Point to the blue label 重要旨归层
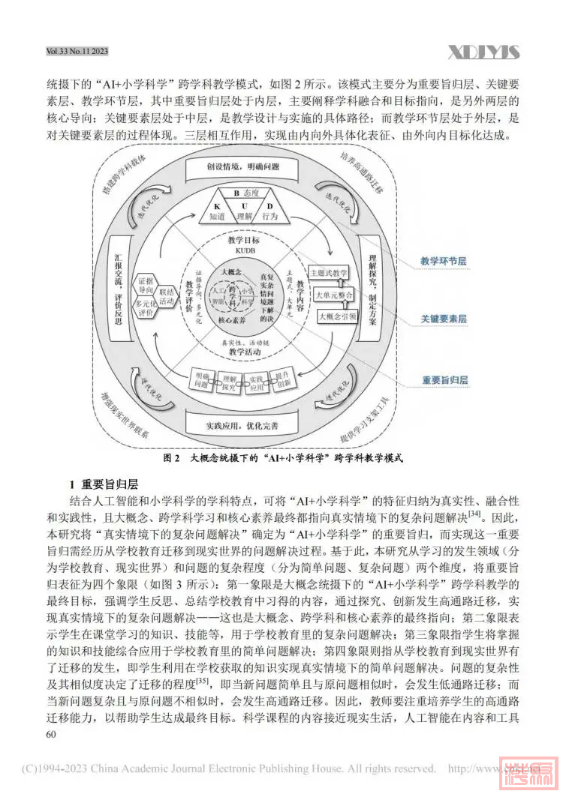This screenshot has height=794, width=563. coord(444,380)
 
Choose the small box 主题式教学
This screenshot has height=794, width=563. coord(330,273)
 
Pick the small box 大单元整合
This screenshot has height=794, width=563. coord(334,295)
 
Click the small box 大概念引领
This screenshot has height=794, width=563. coord(337,317)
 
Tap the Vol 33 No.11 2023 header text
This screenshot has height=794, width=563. coord(77,51)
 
